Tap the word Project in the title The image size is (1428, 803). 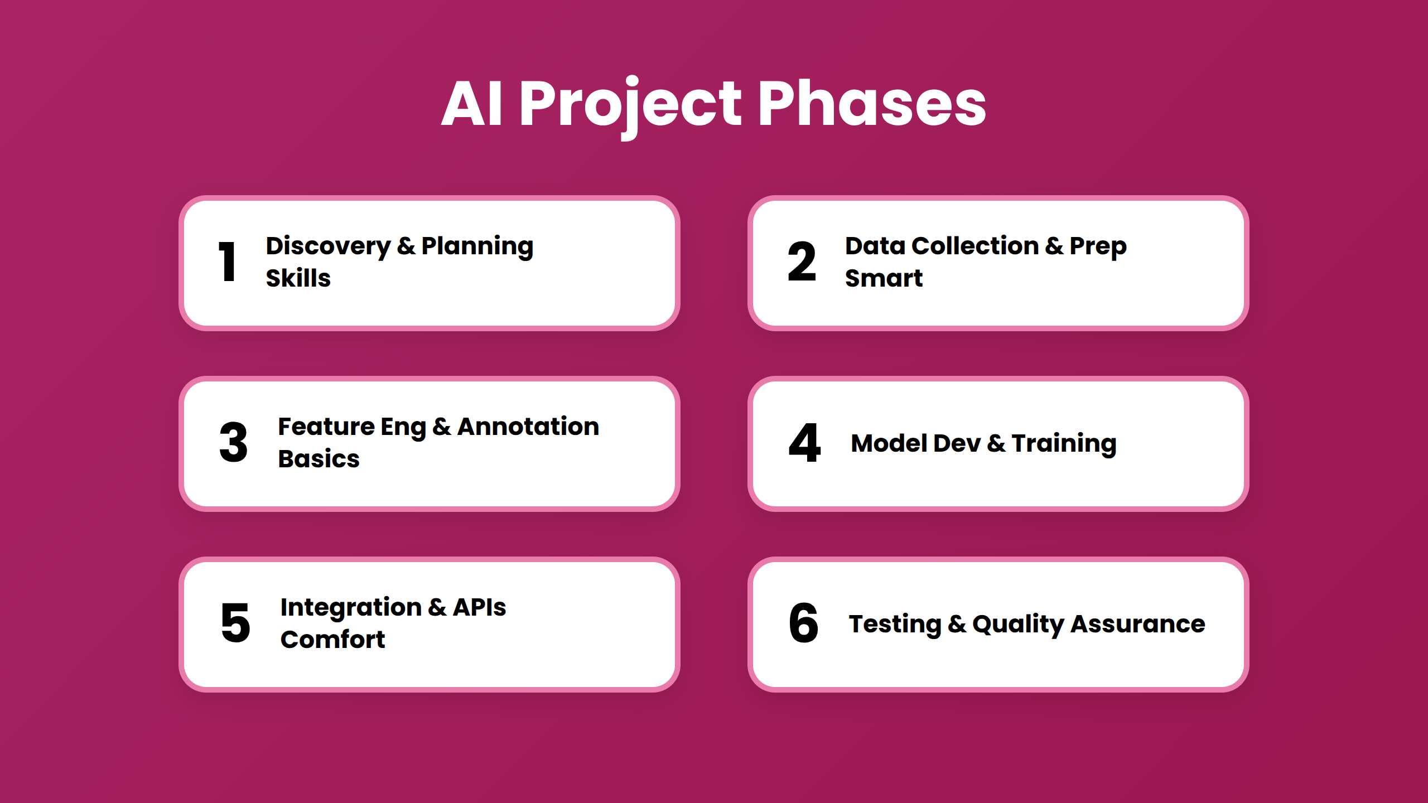tap(630, 104)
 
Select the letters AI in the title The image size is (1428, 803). tap(472, 104)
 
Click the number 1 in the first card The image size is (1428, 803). tap(228, 262)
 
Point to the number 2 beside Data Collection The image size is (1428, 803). tap(802, 262)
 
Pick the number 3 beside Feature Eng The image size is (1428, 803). tap(233, 442)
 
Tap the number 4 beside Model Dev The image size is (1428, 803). tap(804, 442)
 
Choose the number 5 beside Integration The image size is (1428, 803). tap(235, 623)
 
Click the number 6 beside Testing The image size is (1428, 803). tap(803, 623)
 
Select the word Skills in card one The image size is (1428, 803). tap(298, 278)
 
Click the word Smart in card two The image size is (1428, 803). tap(884, 278)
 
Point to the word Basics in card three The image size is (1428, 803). tap(319, 458)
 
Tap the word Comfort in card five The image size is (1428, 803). tap(332, 639)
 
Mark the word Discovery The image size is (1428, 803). tap(328, 246)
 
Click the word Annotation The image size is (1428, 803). tap(528, 427)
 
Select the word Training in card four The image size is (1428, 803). tap(1064, 443)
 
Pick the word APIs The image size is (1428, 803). tap(479, 607)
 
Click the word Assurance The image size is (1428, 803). tap(1138, 624)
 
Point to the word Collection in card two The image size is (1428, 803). tap(975, 246)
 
